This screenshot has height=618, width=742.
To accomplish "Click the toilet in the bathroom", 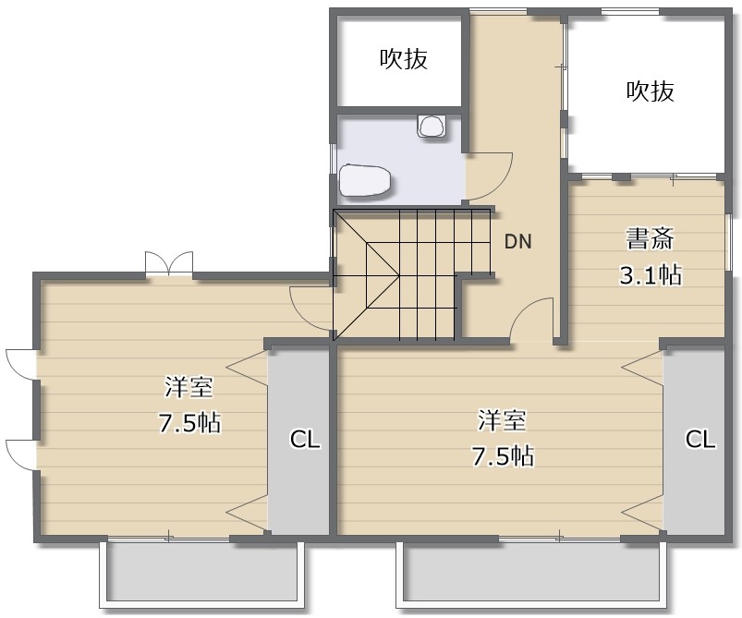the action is click(365, 180).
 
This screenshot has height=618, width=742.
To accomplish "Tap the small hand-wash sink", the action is click(432, 126).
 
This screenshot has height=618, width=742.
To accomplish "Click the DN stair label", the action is click(518, 241).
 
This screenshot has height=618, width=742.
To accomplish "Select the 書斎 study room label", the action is click(650, 239).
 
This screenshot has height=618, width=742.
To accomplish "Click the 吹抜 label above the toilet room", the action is click(404, 59).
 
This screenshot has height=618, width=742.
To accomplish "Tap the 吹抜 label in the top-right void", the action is click(651, 91).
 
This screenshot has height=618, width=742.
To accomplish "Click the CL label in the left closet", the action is click(305, 440).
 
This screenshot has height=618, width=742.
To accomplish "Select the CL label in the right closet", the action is click(700, 439).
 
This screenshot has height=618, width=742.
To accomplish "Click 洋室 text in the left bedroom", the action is click(189, 387).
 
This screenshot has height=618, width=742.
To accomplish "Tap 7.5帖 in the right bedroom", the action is click(504, 456).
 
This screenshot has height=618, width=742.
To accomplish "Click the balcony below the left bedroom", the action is click(201, 575).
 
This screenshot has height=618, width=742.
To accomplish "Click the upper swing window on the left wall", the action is click(21, 364).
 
